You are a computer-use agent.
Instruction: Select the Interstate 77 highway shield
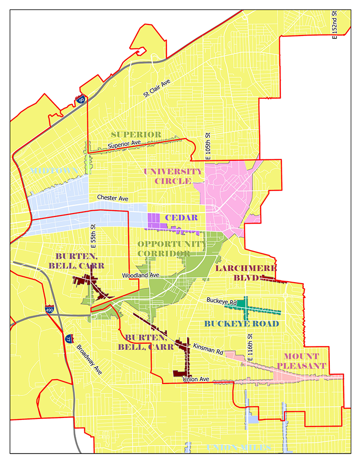tap(70, 339)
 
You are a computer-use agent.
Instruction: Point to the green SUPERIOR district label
tap(136, 134)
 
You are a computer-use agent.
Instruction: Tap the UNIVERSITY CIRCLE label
tap(173, 176)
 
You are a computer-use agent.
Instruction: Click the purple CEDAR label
tap(181, 217)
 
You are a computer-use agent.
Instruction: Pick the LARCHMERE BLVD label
tap(239, 273)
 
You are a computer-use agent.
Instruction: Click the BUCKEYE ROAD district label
tap(241, 323)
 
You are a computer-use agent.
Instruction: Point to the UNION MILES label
tap(239, 448)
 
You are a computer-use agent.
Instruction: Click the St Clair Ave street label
tap(157, 89)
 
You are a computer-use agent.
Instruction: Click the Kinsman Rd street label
tap(208, 349)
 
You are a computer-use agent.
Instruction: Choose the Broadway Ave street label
tap(89, 358)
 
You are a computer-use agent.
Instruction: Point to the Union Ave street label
tap(196, 379)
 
